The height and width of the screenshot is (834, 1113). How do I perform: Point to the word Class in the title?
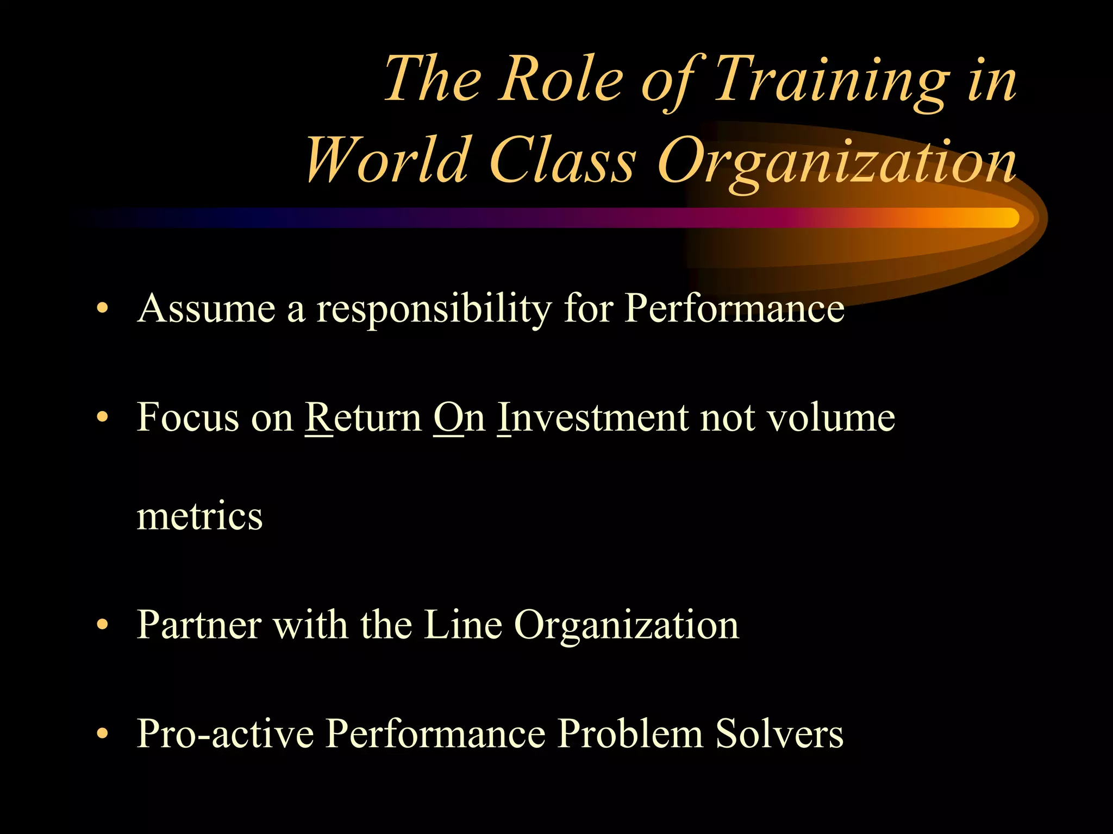click(562, 161)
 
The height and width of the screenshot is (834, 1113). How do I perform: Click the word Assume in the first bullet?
click(207, 308)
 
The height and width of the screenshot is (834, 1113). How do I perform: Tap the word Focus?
click(187, 417)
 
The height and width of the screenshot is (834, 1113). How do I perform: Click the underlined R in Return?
click(318, 417)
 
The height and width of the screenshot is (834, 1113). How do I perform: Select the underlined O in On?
click(448, 417)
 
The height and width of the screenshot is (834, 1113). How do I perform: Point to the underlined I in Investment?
click(504, 417)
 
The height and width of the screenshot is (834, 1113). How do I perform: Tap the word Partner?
click(199, 624)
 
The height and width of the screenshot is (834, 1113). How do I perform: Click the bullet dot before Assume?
click(102, 308)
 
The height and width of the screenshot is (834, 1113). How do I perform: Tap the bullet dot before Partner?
click(102, 624)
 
